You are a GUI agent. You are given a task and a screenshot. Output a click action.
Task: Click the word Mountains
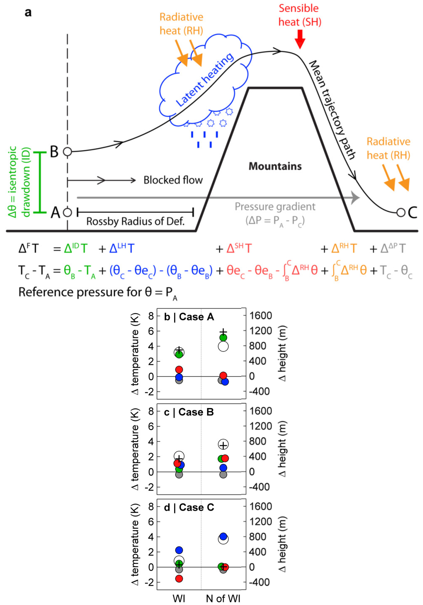coord(275,166)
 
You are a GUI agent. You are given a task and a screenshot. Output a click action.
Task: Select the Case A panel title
coord(189,317)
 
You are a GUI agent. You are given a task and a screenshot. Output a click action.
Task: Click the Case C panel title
coord(189,507)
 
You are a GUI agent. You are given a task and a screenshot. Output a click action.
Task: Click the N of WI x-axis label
coord(223,598)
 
